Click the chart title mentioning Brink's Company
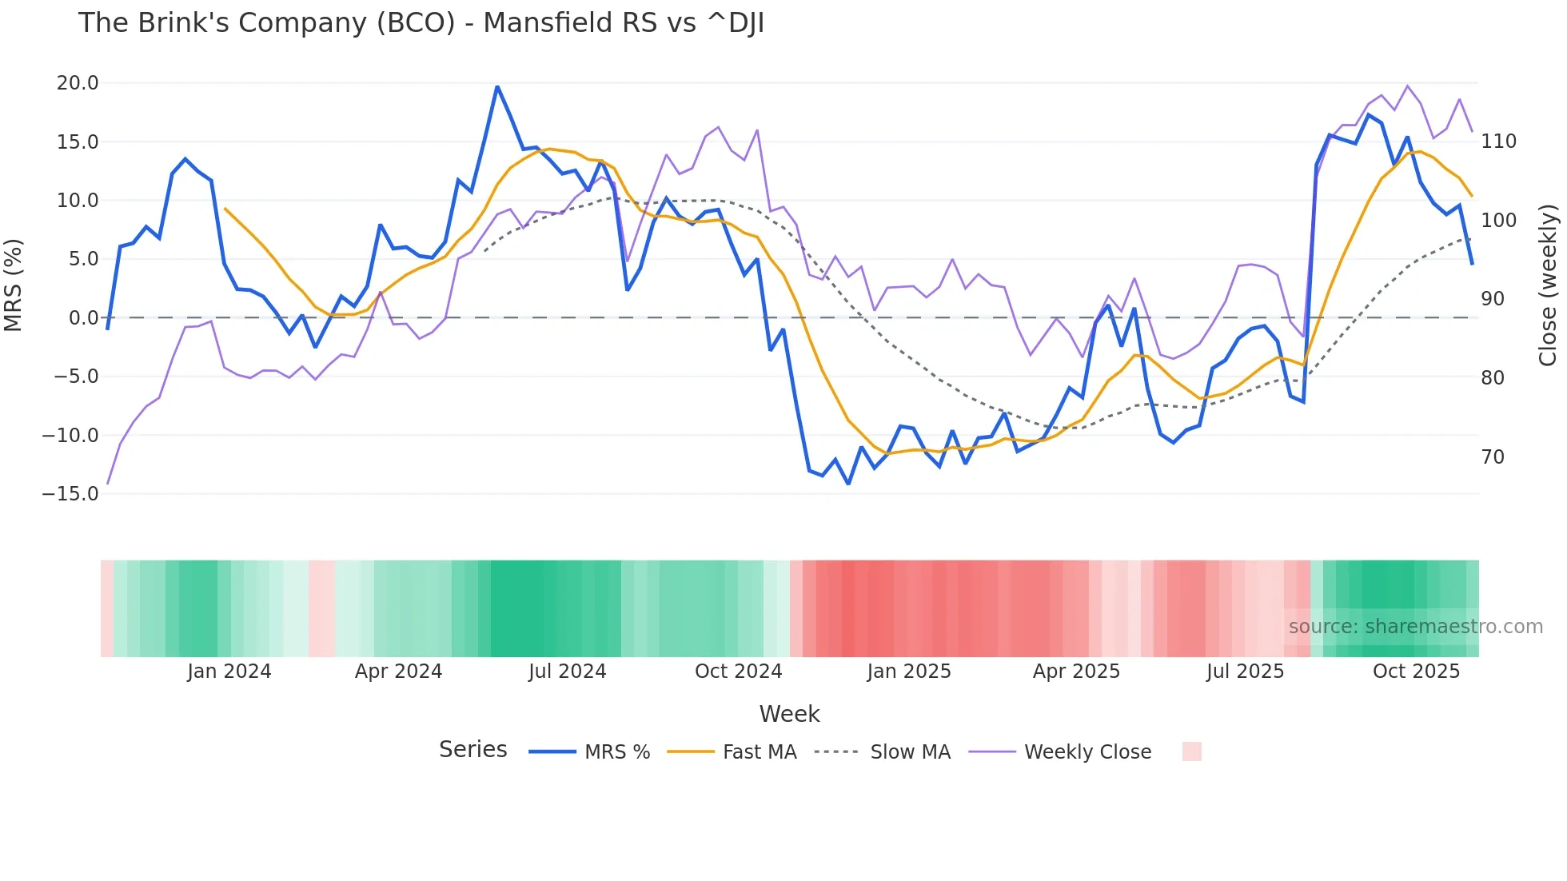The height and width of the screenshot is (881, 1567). (x=421, y=23)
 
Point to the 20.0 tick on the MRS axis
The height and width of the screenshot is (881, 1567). (x=78, y=83)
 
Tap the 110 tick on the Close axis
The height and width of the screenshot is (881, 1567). (x=1498, y=142)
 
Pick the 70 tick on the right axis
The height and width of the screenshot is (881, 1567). (x=1493, y=457)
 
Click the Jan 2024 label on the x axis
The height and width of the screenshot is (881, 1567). (x=229, y=672)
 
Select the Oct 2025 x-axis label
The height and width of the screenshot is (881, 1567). (x=1416, y=672)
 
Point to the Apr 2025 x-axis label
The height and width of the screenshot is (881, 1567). (x=1076, y=672)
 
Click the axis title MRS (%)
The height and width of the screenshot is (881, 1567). (x=14, y=285)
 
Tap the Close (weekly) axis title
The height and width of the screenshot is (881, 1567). (x=1548, y=285)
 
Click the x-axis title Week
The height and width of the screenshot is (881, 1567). (x=789, y=714)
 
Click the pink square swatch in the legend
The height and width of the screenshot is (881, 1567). (x=1191, y=751)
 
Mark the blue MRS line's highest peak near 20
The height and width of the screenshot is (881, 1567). (x=497, y=86)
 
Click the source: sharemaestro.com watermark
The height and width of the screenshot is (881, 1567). (x=1415, y=627)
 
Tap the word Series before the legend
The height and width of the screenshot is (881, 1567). (x=472, y=750)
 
